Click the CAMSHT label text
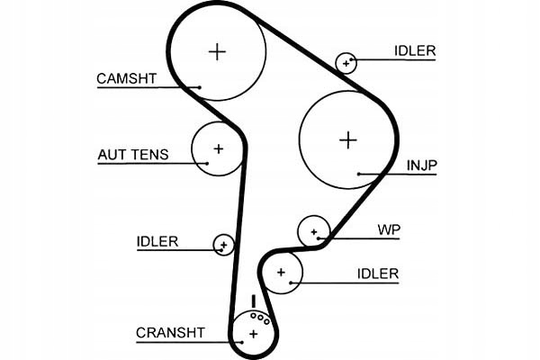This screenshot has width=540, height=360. (127, 78)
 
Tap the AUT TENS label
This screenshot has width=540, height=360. (132, 155)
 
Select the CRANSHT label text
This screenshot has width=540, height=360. (170, 332)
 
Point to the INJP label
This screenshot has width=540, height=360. (420, 165)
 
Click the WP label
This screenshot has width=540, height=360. (389, 229)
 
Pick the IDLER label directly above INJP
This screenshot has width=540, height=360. (414, 51)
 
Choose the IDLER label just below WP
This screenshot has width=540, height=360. (377, 274)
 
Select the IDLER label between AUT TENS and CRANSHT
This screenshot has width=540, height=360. (157, 241)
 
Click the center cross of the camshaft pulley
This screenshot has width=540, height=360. (217, 51)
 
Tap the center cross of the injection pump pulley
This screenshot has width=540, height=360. (347, 139)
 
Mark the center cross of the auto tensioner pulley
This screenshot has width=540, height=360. (218, 148)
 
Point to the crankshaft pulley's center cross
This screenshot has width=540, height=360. (253, 334)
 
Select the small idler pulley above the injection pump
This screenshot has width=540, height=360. (346, 62)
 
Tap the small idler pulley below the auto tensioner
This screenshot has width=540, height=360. (223, 244)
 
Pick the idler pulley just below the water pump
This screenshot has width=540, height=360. (282, 272)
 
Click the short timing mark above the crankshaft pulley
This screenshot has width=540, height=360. (254, 300)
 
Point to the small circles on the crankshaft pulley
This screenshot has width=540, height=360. (259, 317)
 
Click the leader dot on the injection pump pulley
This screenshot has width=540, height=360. (358, 173)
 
